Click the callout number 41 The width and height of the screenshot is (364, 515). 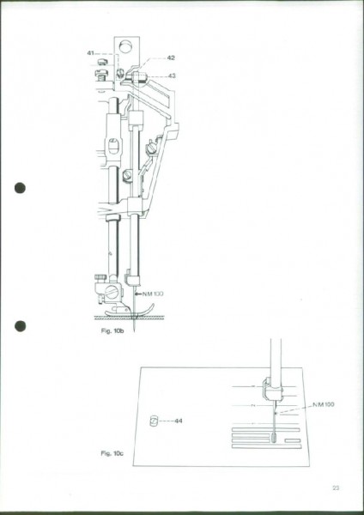coord(90,52)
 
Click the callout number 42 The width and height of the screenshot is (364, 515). coord(171,58)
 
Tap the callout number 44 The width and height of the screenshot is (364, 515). coord(179,421)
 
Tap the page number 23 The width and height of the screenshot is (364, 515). coord(336,488)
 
